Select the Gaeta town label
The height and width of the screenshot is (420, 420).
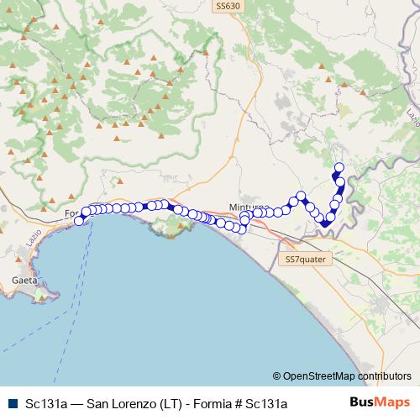[x=24, y=281]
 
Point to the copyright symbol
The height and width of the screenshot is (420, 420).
[x=277, y=376]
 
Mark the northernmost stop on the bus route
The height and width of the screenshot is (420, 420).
[x=339, y=166]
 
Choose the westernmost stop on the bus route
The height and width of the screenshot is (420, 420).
[x=81, y=221]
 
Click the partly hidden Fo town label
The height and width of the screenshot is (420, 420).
[x=71, y=213]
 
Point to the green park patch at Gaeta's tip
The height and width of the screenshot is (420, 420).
[x=49, y=296]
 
